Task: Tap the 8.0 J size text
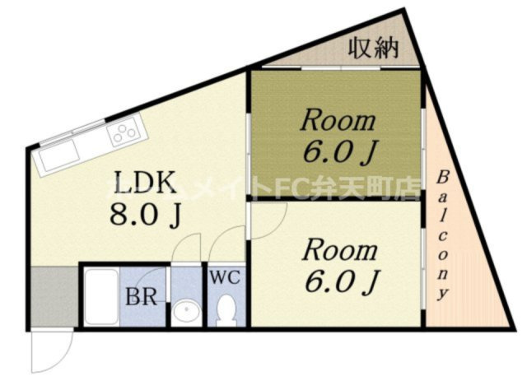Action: [x=146, y=216]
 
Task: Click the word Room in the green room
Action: [x=337, y=121]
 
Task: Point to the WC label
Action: [x=224, y=277]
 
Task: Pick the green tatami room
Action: [x=337, y=136]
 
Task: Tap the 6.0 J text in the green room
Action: [x=338, y=153]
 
